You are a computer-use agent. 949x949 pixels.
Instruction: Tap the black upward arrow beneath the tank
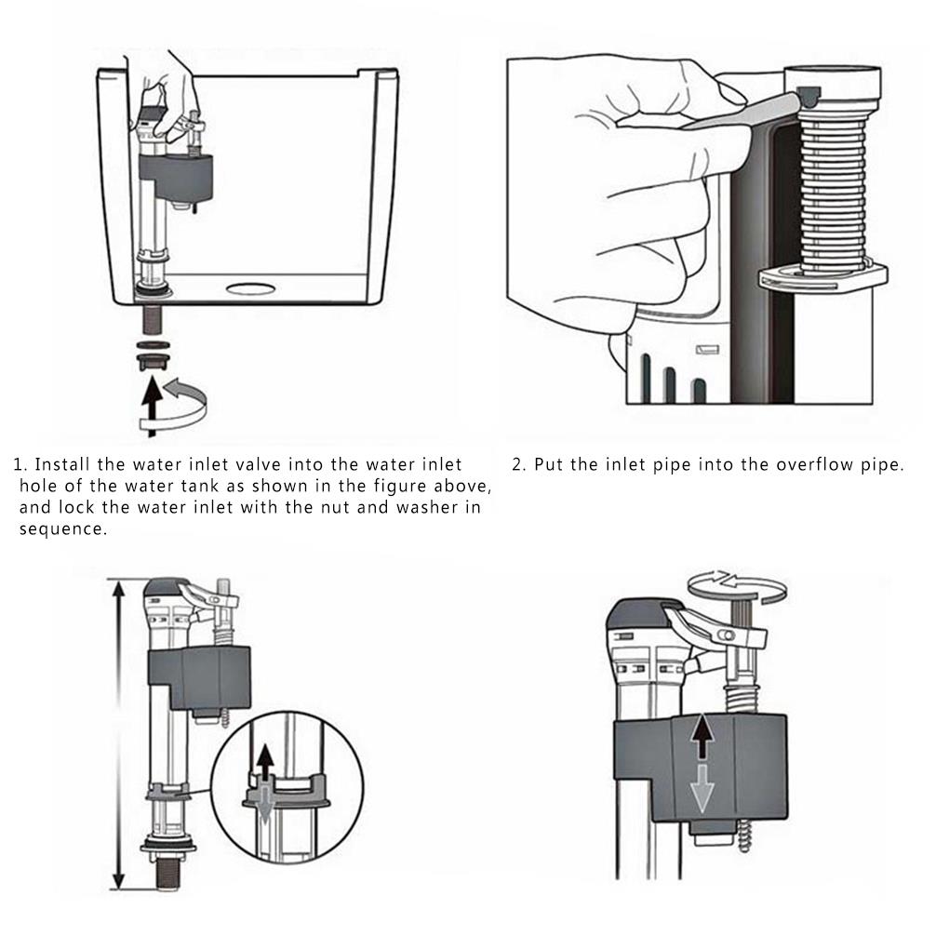coord(148,404)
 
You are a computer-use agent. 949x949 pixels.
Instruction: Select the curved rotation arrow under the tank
coord(181,404)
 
